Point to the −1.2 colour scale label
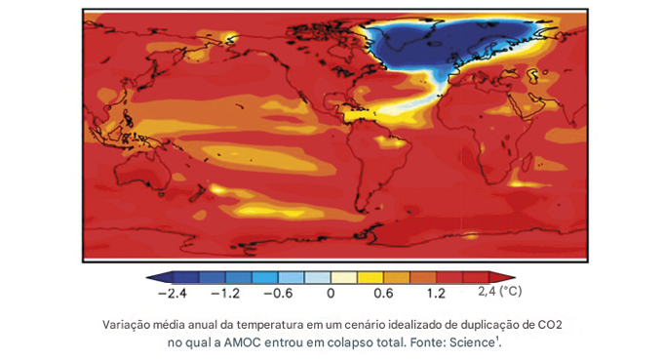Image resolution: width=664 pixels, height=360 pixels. point(227,292)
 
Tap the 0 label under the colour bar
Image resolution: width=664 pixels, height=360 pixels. point(331,292)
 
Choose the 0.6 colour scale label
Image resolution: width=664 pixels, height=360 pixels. point(383,292)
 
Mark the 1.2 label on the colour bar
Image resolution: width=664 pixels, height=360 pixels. point(436,292)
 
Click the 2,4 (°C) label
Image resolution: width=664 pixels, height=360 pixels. point(500,292)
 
